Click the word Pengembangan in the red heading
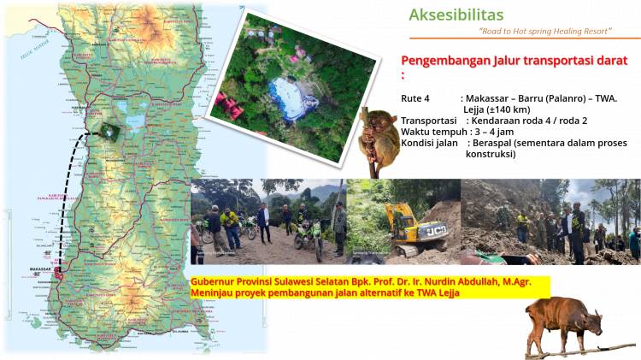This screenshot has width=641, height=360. coord(442,61)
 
